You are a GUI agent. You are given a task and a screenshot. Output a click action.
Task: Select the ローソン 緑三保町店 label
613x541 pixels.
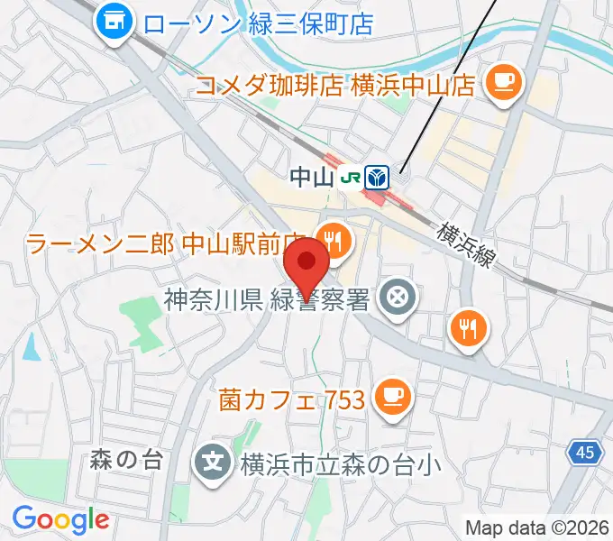pos(258,22)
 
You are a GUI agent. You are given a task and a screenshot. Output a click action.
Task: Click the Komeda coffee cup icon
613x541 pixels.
pos(502,83)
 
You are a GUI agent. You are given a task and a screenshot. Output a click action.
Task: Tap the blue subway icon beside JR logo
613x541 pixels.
pos(378,175)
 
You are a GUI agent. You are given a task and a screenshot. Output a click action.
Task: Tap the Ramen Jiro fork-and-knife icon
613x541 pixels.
pos(334,241)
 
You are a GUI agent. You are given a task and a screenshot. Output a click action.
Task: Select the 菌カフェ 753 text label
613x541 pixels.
pos(290,399)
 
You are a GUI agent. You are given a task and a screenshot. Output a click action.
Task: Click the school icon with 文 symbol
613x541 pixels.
pos(213,464)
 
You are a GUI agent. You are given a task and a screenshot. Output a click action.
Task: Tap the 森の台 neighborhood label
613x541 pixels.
pos(126,461)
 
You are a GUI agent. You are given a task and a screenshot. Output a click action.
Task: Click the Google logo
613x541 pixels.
pos(60,519)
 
